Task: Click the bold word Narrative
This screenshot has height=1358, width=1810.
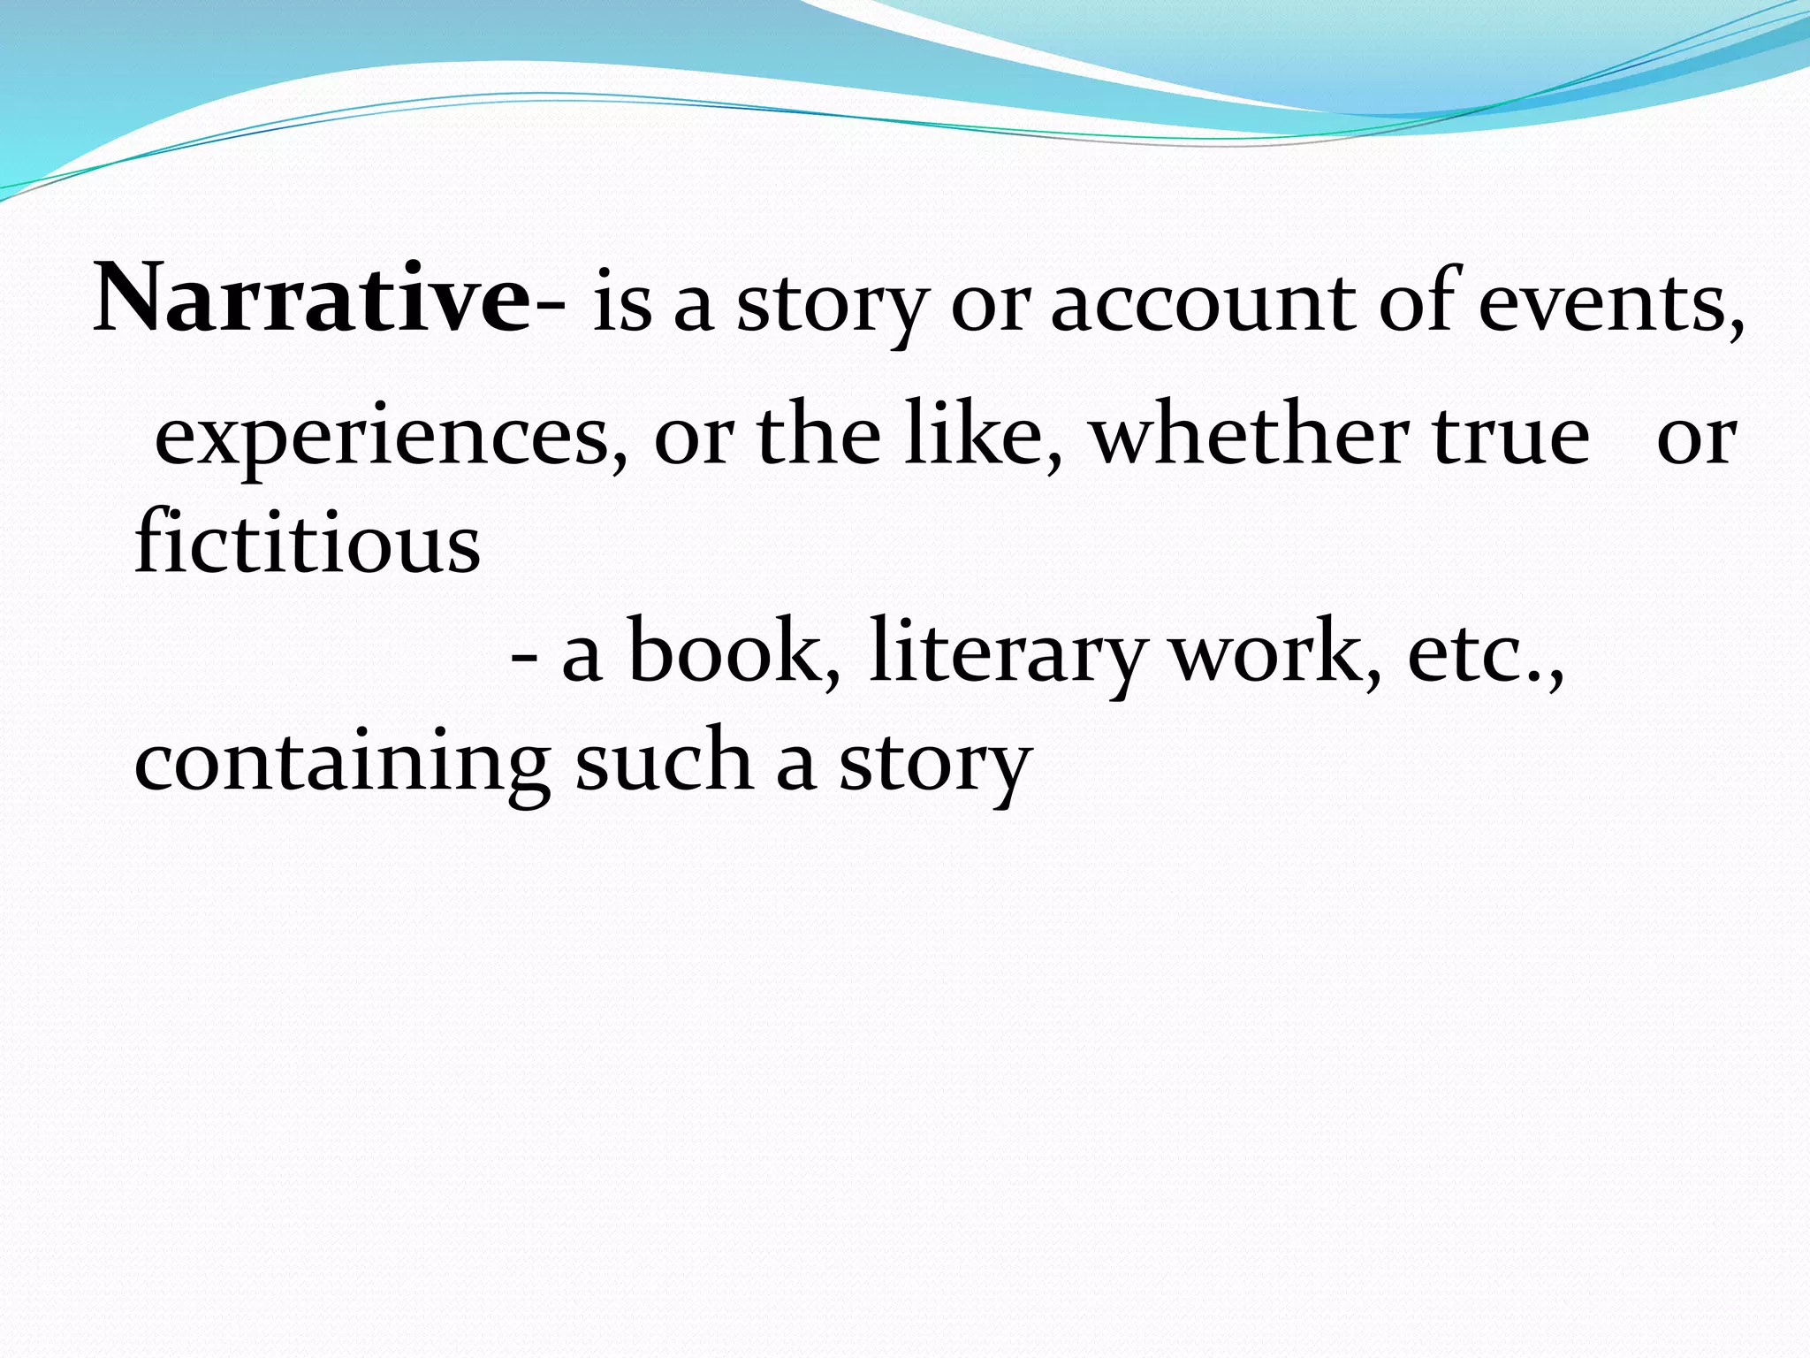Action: click(x=311, y=301)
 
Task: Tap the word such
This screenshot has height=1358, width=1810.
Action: click(x=663, y=760)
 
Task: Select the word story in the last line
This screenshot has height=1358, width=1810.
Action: click(x=935, y=766)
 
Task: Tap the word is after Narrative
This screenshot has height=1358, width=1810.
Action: click(x=622, y=302)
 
